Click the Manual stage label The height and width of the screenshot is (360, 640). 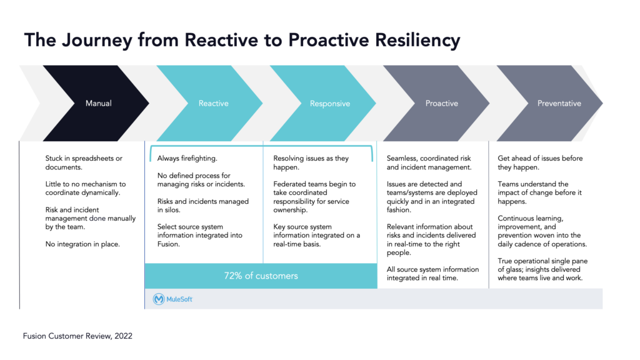pyautogui.click(x=99, y=104)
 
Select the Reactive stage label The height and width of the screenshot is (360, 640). pyautogui.click(x=214, y=104)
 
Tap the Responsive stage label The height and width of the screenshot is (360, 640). pyautogui.click(x=330, y=104)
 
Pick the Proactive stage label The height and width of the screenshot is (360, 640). pyautogui.click(x=442, y=104)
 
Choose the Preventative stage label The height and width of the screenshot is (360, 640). pyautogui.click(x=559, y=104)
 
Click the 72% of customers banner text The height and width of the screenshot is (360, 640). pyautogui.click(x=261, y=276)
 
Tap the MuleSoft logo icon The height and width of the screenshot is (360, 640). pyautogui.click(x=159, y=299)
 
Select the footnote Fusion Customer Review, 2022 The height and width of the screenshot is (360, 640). pyautogui.click(x=78, y=336)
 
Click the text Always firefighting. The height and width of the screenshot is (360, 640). pyautogui.click(x=187, y=159)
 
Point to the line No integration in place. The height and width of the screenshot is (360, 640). pyautogui.click(x=82, y=244)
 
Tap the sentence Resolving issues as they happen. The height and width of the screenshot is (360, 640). pyautogui.click(x=311, y=163)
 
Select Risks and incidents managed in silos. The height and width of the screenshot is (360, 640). pyautogui.click(x=202, y=206)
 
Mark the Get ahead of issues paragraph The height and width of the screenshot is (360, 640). pyautogui.click(x=539, y=163)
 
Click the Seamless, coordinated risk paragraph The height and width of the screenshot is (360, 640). pyautogui.click(x=429, y=163)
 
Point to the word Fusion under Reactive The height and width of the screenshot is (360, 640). pyautogui.click(x=169, y=244)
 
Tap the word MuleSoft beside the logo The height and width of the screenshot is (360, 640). pyautogui.click(x=181, y=299)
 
